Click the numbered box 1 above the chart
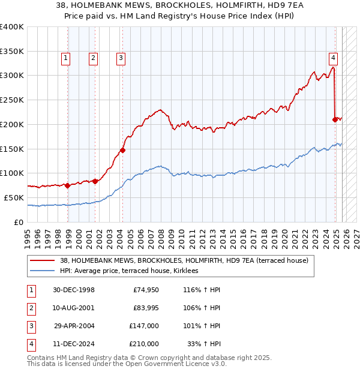(65, 58)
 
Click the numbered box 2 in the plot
(94, 58)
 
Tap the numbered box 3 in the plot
(121, 58)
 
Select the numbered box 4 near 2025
(332, 58)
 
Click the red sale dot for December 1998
(68, 185)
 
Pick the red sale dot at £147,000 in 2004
(122, 151)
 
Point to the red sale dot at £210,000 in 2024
(335, 119)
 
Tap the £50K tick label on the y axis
(14, 197)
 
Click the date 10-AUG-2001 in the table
(74, 308)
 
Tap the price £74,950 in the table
(146, 290)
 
